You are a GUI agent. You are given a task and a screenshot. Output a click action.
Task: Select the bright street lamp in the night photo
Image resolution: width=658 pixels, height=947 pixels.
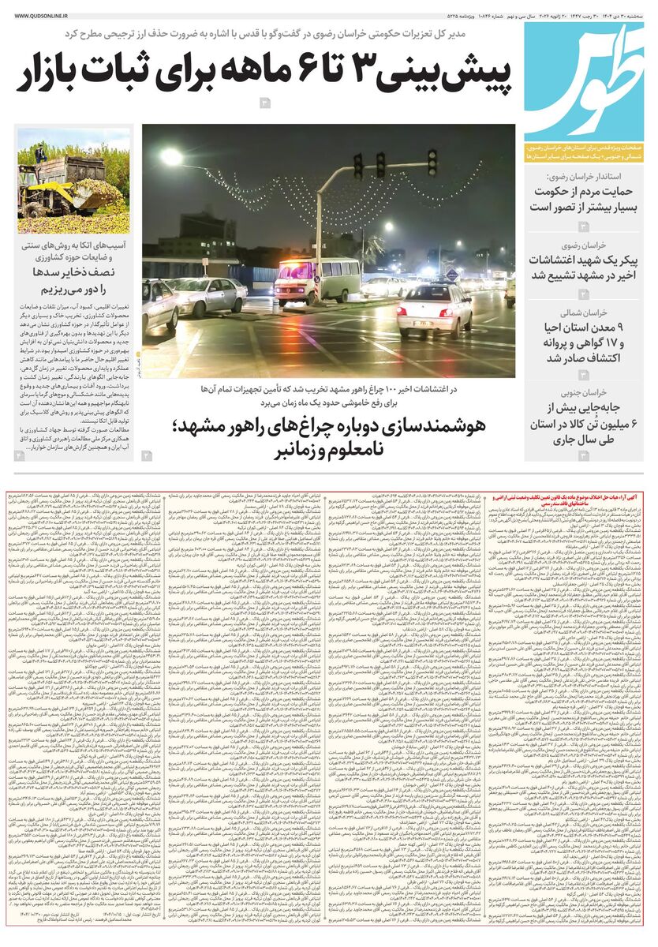pyautogui.click(x=171, y=155)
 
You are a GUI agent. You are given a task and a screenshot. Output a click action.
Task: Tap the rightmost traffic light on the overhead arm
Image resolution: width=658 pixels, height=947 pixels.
pyautogui.click(x=432, y=162)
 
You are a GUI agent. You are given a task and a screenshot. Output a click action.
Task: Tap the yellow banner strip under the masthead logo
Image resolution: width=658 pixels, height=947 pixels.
pyautogui.click(x=584, y=153)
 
